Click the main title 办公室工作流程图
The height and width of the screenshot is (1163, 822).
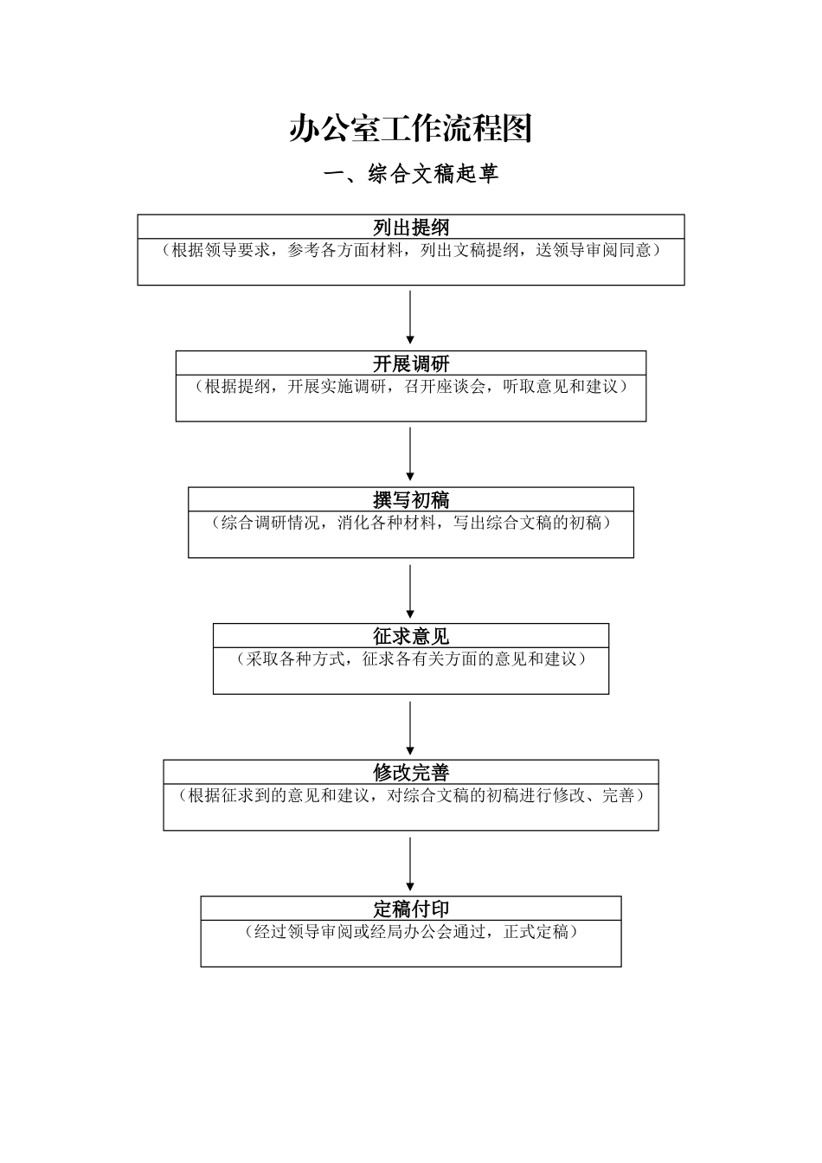point(410,129)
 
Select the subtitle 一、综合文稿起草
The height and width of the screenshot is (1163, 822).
point(410,175)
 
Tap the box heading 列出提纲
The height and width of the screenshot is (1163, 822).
point(410,228)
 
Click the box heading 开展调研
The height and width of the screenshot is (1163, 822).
point(410,363)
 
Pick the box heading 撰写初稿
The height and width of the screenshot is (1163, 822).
point(410,500)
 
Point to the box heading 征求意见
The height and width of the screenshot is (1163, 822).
point(410,636)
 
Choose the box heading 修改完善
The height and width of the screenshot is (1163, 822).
point(410,772)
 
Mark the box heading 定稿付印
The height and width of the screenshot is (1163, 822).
point(410,909)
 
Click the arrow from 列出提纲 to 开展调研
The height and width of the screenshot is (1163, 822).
point(410,318)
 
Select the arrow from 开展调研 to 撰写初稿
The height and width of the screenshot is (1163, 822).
point(410,454)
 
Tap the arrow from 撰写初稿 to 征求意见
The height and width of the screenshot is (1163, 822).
point(410,591)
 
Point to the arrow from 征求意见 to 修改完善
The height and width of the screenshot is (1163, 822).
point(410,727)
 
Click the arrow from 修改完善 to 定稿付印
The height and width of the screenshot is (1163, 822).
point(410,863)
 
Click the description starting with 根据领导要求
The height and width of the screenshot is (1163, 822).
point(410,251)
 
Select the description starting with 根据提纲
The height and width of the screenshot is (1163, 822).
point(410,387)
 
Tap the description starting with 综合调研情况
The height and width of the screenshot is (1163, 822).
point(410,524)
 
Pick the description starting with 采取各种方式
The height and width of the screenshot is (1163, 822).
point(410,659)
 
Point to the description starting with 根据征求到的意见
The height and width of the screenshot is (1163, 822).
point(410,796)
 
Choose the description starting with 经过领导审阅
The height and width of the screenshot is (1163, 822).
point(410,932)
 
